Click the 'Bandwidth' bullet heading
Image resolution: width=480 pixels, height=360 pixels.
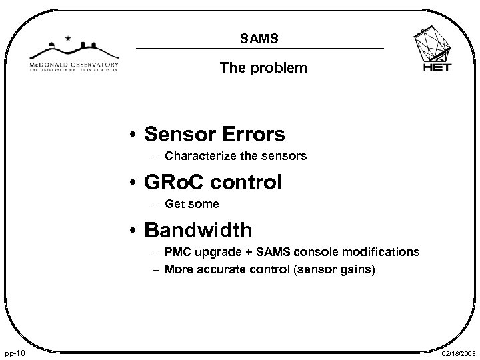point(199,230)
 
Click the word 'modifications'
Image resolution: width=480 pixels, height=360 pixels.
point(383,252)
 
